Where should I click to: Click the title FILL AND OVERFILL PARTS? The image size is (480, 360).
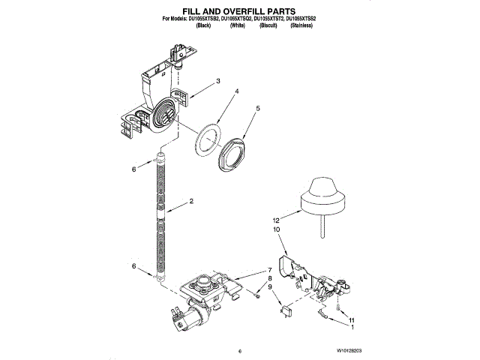click(239, 11)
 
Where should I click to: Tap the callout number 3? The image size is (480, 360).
click(217, 81)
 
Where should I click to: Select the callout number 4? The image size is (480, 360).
click(237, 92)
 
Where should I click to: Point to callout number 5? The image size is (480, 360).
click(258, 109)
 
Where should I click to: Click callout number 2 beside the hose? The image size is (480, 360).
click(191, 202)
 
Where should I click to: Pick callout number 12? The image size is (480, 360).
click(276, 220)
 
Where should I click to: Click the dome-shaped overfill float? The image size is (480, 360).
click(322, 194)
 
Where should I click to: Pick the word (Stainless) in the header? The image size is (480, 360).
click(301, 25)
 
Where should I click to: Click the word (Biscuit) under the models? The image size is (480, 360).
click(269, 25)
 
